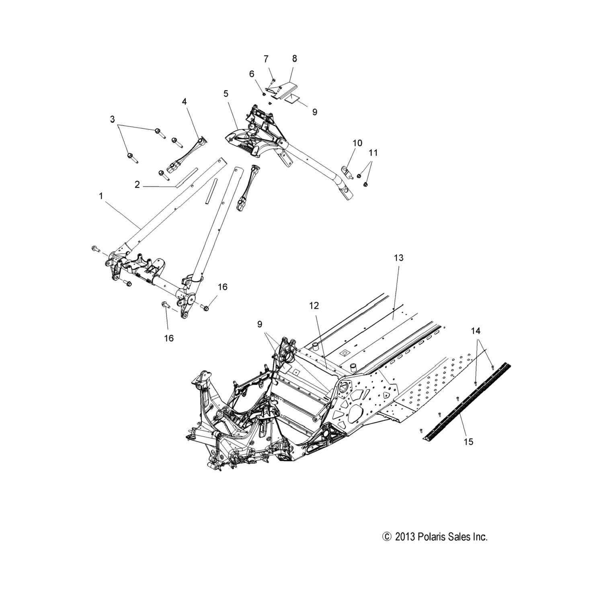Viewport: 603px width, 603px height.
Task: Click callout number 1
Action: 101,196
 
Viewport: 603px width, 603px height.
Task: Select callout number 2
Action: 137,185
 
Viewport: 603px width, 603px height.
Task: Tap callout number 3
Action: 113,119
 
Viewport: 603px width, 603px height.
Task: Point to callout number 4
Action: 185,102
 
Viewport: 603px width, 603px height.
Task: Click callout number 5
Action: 226,94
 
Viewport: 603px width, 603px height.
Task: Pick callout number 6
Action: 252,74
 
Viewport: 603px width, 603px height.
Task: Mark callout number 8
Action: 294,59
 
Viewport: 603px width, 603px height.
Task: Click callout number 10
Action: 357,143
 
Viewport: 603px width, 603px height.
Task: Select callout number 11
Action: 373,153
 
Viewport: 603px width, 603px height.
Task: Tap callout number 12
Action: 314,306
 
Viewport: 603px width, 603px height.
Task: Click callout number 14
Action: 476,331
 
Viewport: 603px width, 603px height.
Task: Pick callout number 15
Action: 468,442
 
